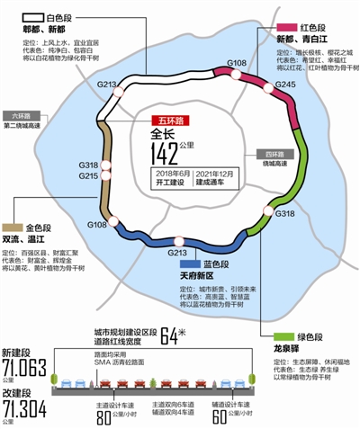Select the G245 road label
[x=284, y=85]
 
